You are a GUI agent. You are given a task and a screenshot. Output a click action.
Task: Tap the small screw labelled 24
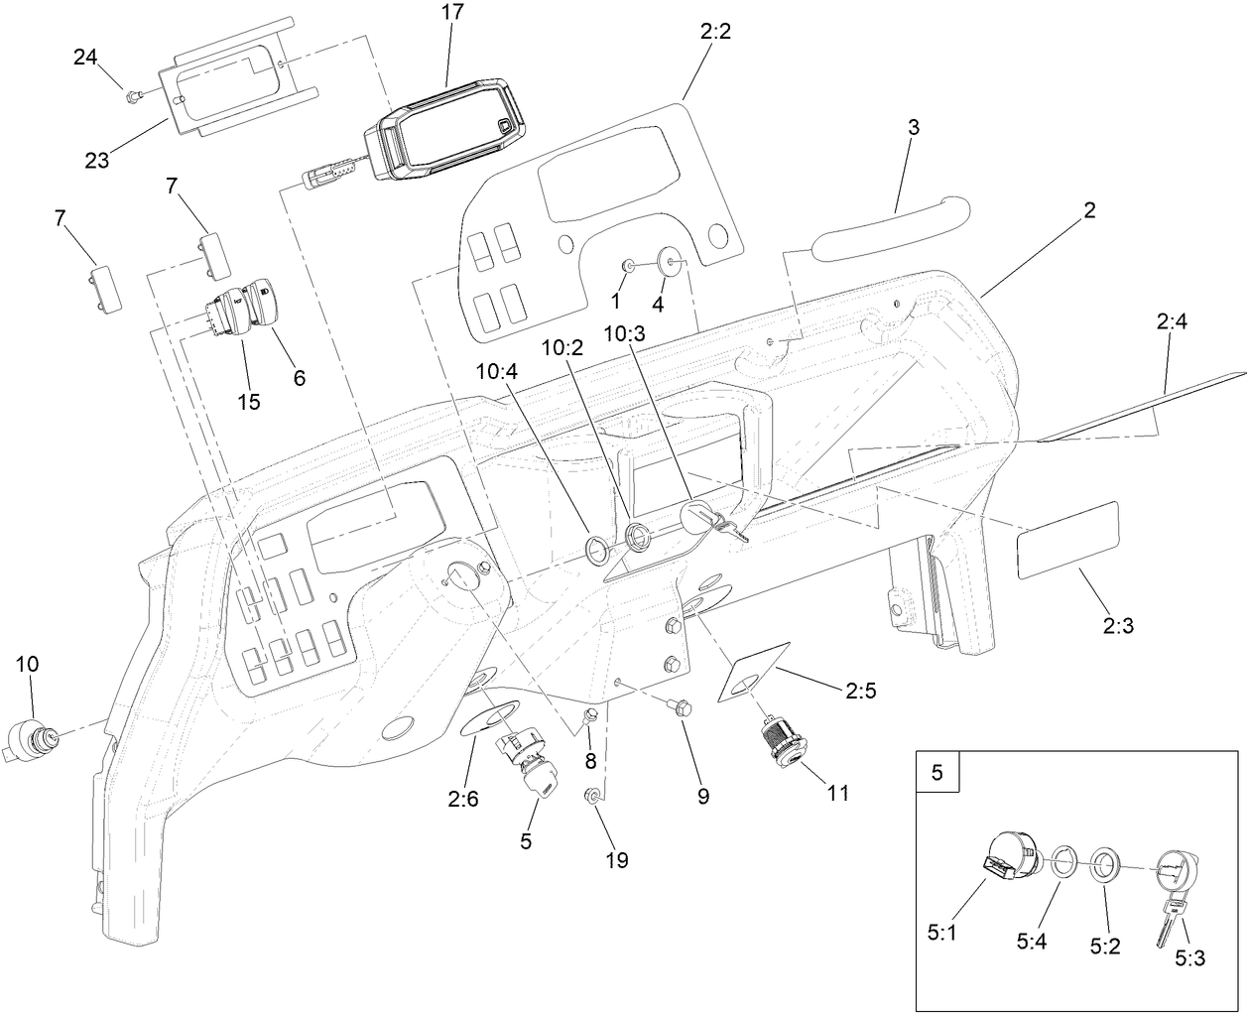132,94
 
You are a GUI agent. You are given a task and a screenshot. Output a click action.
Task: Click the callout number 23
96,160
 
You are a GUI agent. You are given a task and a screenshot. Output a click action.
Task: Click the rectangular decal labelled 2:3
1067,541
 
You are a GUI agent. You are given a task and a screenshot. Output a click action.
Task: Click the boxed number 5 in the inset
937,772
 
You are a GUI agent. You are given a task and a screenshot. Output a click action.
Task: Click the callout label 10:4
497,371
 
